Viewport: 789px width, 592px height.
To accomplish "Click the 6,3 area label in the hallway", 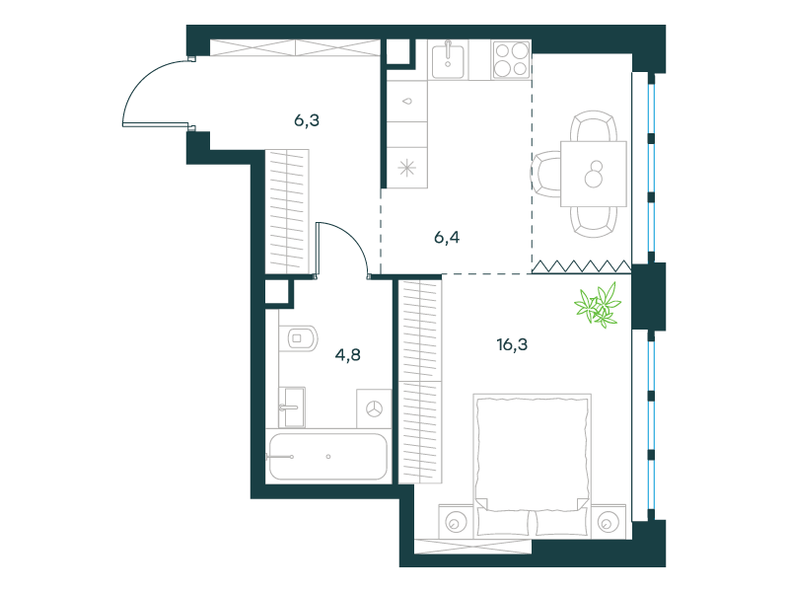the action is (307, 120).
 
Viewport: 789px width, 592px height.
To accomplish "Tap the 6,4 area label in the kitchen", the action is (447, 237).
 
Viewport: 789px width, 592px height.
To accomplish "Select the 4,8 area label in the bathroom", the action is (348, 355).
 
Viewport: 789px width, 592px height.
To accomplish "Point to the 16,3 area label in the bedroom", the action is (512, 344).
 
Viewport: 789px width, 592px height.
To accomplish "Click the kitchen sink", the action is (448, 60).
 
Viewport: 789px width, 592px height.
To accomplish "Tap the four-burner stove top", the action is (511, 60).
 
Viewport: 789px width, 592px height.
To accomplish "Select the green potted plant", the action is (599, 305).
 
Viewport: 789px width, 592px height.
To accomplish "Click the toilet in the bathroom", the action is (299, 338).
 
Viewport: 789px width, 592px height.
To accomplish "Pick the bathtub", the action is (328, 457).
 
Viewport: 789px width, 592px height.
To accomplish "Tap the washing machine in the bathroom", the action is (374, 408).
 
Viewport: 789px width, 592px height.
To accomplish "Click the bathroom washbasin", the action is (292, 407).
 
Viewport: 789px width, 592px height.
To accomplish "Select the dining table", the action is (594, 174).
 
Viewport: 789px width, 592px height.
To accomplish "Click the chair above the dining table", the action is (594, 126).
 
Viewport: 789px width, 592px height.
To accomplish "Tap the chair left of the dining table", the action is (546, 175).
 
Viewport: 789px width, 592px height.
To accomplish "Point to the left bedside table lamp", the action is (456, 523).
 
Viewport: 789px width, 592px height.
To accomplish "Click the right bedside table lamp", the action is (607, 523).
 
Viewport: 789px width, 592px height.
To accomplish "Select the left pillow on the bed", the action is (504, 522).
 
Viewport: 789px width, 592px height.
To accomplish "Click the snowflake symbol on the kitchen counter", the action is (407, 168).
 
